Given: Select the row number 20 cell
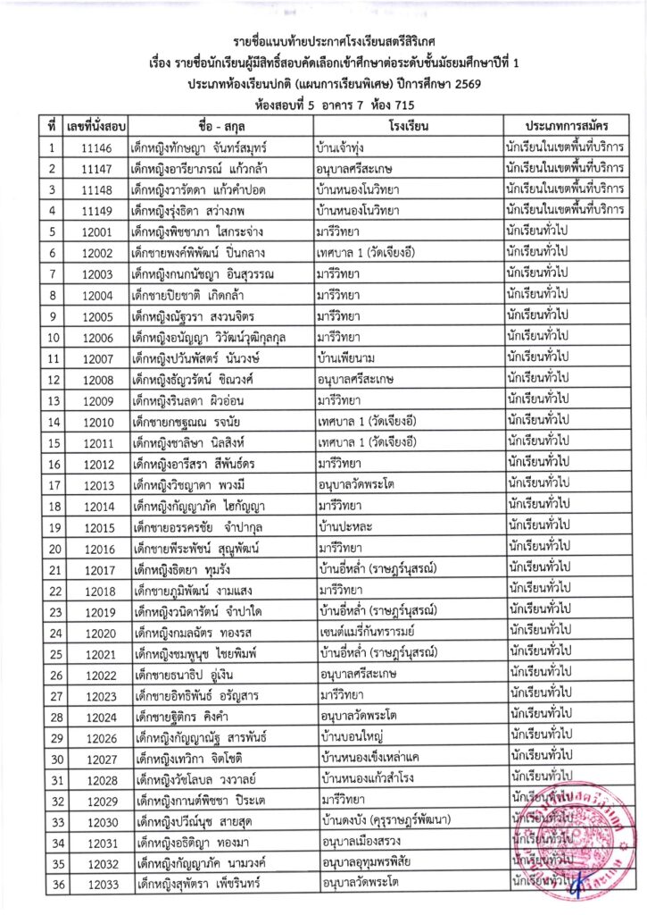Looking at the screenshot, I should [54, 549].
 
